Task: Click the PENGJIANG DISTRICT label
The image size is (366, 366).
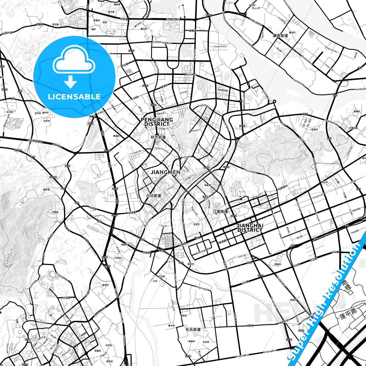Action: (x=157, y=122)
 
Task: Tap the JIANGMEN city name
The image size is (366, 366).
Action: (x=165, y=172)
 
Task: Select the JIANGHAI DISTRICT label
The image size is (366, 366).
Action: (x=250, y=228)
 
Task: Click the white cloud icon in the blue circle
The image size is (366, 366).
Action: (x=74, y=62)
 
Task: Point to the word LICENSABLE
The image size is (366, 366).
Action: (x=74, y=97)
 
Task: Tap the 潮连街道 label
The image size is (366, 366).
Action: (x=280, y=36)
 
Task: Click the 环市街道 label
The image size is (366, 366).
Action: (x=158, y=137)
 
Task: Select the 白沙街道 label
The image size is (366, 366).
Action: (x=154, y=196)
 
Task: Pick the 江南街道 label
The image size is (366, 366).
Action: (x=220, y=211)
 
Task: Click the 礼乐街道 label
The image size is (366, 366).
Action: (x=193, y=330)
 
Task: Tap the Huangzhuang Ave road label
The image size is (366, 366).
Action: (x=161, y=43)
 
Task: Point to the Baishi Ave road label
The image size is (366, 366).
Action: (x=191, y=75)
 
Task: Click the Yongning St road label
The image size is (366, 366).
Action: (x=201, y=288)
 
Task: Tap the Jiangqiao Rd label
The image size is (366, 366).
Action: (x=173, y=20)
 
